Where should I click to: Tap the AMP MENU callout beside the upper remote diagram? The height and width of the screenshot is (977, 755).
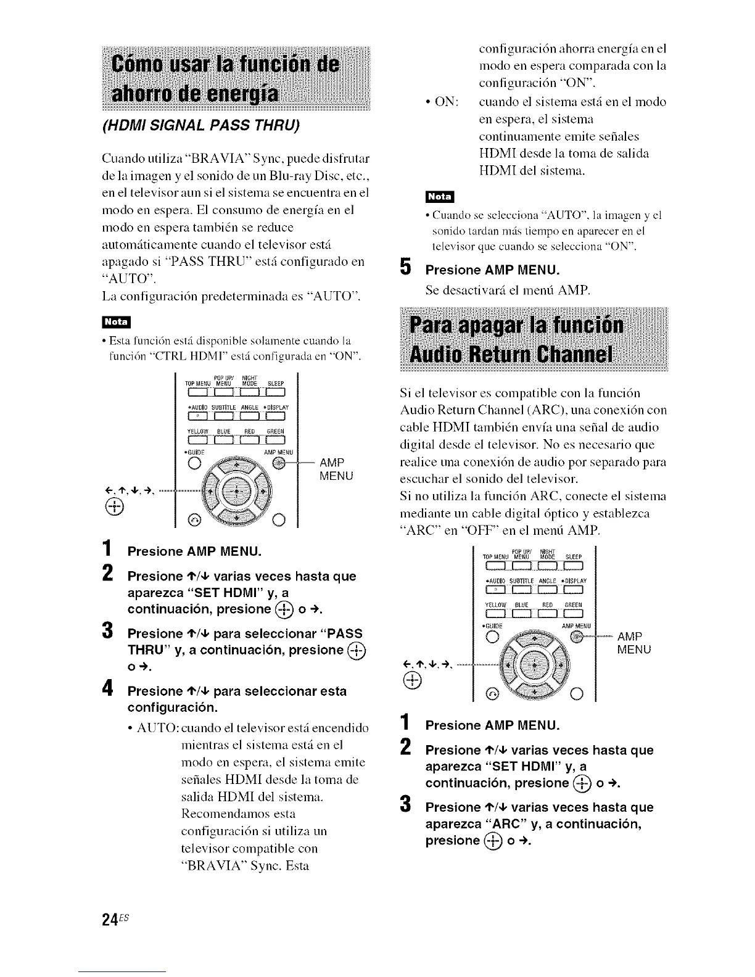(336, 469)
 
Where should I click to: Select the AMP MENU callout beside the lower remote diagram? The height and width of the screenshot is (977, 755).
(633, 643)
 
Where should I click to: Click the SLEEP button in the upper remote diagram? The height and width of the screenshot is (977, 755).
(275, 390)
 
